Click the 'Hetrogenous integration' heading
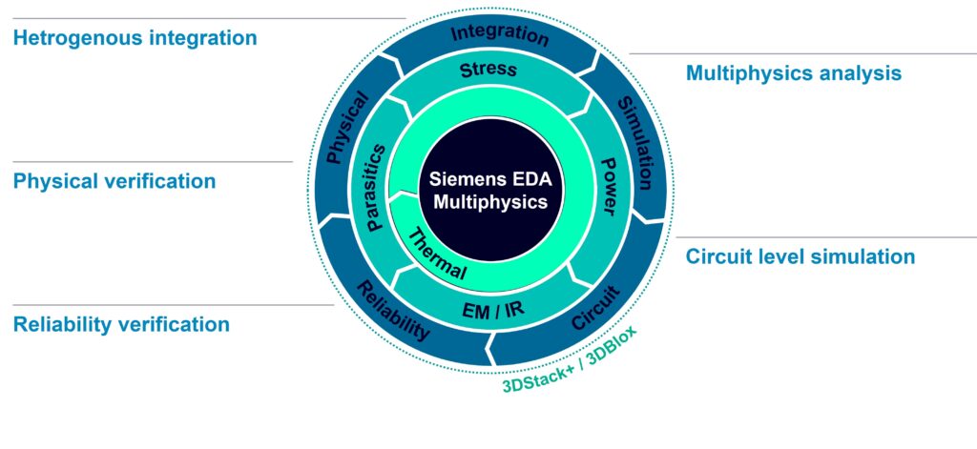click(x=135, y=39)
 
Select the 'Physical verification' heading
click(x=114, y=181)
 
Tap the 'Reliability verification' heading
click(x=121, y=325)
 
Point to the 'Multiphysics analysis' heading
click(x=794, y=73)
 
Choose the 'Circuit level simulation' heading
click(x=800, y=257)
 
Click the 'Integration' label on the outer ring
click(x=500, y=35)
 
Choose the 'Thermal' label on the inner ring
click(x=437, y=254)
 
